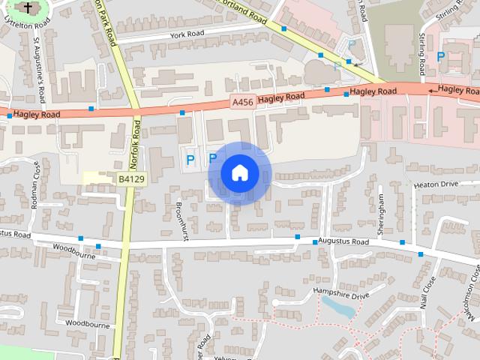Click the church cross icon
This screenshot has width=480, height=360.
coord(28,8)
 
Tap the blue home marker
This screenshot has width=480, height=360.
coord(239,173)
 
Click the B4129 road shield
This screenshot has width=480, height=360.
coord(130,178)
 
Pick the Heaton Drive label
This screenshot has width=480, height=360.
coord(435,184)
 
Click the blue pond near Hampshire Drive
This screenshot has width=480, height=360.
coord(338,306)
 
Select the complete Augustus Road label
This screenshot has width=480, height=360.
coord(343,242)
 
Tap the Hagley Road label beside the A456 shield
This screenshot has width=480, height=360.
coord(281,97)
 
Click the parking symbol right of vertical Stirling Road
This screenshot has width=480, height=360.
coord(442,55)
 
